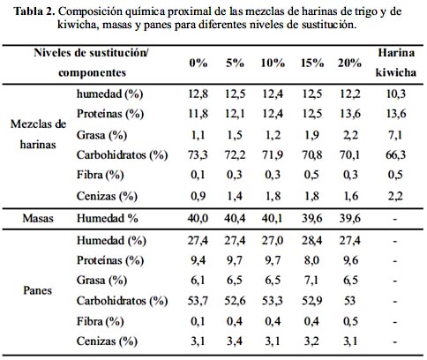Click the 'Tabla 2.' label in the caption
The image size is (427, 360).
coord(34,11)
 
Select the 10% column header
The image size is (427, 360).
coord(273,63)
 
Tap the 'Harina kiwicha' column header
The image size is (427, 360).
coord(396,63)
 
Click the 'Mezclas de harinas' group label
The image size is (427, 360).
coord(38,134)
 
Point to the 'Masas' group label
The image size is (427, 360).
coord(38,219)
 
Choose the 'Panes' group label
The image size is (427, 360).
coord(38,290)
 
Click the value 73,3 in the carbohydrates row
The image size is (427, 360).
coord(198,154)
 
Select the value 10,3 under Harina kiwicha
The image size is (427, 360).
coord(396,94)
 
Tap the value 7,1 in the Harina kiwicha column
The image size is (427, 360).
coord(395,135)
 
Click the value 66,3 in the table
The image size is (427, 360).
coord(396,154)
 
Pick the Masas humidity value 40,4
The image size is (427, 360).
coord(235,219)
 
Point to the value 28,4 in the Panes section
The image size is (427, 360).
coord(311,241)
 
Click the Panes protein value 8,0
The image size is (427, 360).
coord(311,260)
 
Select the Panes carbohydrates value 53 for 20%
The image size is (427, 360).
coord(349,301)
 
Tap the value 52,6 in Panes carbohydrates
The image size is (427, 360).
coord(235,301)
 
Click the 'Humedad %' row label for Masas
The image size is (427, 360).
coord(108,219)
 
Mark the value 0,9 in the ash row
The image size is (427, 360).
coord(198,196)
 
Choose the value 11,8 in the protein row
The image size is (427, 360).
coord(198,114)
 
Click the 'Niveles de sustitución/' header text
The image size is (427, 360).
coord(91,53)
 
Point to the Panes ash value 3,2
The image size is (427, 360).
coord(311,341)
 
